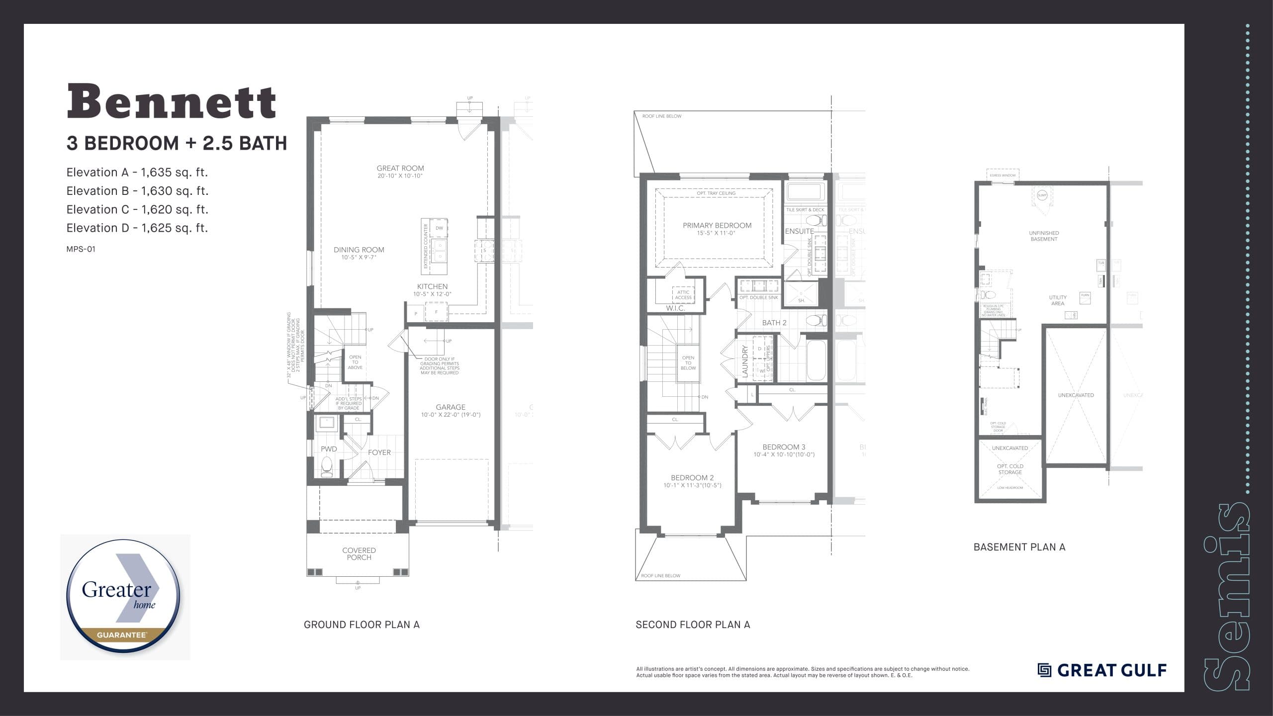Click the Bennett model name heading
point(172,102)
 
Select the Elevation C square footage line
point(137,209)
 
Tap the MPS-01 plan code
point(81,249)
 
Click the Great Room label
point(400,169)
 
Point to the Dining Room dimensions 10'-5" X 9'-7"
point(359,258)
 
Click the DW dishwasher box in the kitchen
point(439,228)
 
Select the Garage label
point(451,407)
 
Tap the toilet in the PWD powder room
point(327,467)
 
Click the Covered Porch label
point(359,554)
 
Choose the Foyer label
point(379,452)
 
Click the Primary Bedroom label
point(717,226)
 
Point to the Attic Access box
point(683,295)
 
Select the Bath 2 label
point(774,323)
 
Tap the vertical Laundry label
point(745,361)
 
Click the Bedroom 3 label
point(784,447)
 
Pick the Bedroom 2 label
point(692,478)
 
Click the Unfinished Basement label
point(1043,236)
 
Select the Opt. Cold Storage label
point(1010,469)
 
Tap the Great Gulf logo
point(1102,670)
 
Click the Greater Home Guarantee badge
point(125,597)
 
